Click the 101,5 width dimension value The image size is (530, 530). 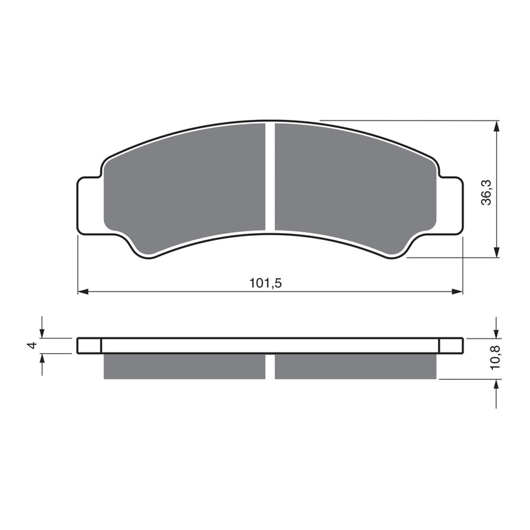click(x=266, y=283)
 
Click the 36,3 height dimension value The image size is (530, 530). click(x=487, y=192)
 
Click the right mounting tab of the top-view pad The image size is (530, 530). click(x=450, y=205)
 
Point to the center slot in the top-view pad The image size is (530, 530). click(x=270, y=178)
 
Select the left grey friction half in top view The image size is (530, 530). click(x=185, y=185)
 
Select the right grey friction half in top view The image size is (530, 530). click(x=354, y=185)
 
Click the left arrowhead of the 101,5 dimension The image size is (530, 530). click(x=83, y=291)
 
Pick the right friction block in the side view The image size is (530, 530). click(x=356, y=366)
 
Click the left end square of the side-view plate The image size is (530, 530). click(x=89, y=346)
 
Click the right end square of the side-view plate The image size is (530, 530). click(x=450, y=346)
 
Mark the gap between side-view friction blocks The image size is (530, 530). click(x=270, y=366)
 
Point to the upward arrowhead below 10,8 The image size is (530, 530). click(x=496, y=384)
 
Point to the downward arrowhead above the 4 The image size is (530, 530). click(x=43, y=333)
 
